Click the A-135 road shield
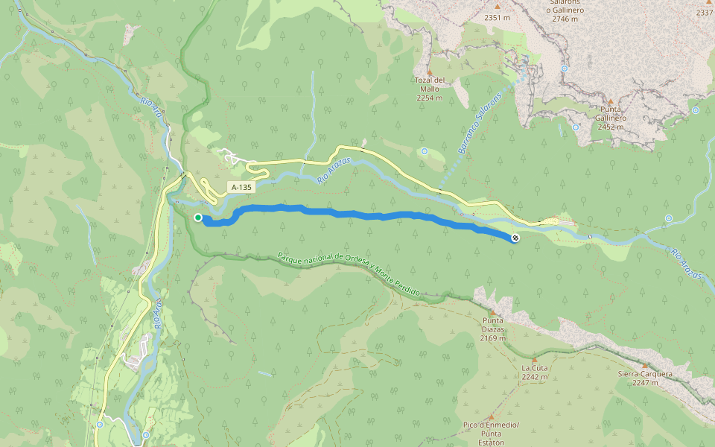pos(241,188)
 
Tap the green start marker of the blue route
pos(198,218)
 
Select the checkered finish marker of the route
pos(515,238)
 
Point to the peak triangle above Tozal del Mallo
pos(429,72)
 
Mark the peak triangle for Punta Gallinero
pos(611,101)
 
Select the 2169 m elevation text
pos(492,338)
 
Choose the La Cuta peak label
pos(534,368)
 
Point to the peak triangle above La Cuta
pos(534,359)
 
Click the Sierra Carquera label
pos(645,374)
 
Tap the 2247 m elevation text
pos(645,383)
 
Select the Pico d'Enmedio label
pos(491,425)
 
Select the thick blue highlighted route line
pos(357,215)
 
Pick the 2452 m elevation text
pos(611,127)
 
